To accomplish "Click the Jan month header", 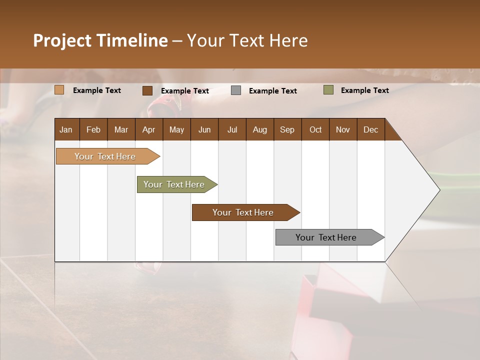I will point(66,129).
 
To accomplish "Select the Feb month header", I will point(93,129).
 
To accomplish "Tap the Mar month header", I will point(121,129).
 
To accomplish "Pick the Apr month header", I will point(148,129).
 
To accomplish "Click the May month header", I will point(176,129).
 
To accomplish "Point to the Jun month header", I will point(204,129).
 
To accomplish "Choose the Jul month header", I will point(232,129).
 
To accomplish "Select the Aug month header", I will point(259,129).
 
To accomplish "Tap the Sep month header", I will point(287,129).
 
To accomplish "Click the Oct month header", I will point(315,129).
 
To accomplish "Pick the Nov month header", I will point(343,129).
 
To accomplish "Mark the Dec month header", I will point(370,129).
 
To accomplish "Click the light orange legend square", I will point(59,90).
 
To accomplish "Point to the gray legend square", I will point(236,90).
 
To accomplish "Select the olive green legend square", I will point(328,90).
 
